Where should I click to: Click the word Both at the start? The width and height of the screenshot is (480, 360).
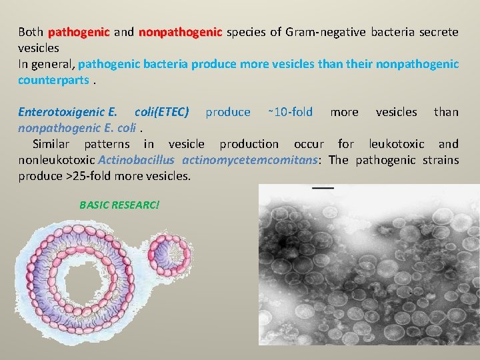click(30, 32)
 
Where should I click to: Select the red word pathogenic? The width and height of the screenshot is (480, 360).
click(79, 32)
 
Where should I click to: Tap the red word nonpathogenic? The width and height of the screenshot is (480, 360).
click(180, 32)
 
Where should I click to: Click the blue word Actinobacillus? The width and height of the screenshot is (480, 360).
click(136, 160)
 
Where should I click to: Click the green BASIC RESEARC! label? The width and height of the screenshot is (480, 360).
click(119, 204)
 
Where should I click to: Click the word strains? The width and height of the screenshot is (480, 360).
click(441, 160)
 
